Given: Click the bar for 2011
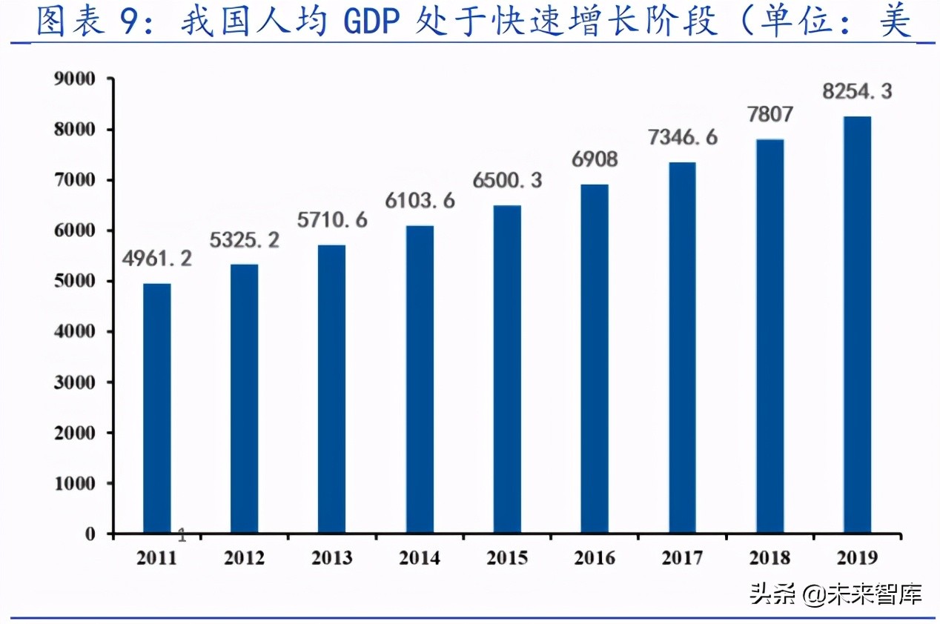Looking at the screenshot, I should point(156,408).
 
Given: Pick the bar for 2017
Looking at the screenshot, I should point(682,348).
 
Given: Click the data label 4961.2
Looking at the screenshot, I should point(157,259).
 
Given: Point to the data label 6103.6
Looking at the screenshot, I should point(419,200).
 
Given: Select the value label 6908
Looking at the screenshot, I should point(594,159).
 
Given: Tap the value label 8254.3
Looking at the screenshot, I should point(856,91).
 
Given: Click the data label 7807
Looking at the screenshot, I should point(769,114).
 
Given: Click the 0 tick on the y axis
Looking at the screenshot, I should point(90,534).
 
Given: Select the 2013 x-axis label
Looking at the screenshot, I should point(331,558).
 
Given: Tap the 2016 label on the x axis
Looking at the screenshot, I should point(594,558).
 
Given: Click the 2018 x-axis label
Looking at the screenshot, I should point(769,558).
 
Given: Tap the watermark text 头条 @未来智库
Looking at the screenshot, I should point(835,594).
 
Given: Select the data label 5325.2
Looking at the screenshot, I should point(244,240).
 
